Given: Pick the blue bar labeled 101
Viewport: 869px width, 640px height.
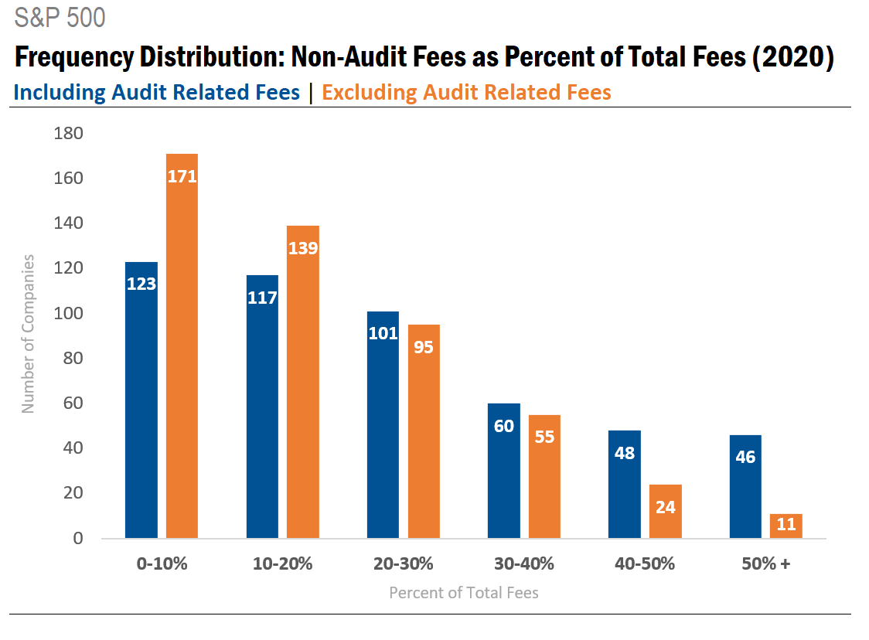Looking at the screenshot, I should pos(383,424).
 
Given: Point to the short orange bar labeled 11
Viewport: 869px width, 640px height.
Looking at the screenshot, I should pos(786,526).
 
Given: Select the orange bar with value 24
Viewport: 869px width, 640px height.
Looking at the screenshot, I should pos(665,511).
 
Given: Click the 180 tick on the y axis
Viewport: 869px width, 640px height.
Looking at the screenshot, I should pos(69,134).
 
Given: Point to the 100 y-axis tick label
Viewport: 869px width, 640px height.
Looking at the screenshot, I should pos(69,314).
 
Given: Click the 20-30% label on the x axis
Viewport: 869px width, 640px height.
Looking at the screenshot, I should pos(404,563).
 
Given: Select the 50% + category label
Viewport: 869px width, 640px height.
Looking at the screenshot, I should pos(765,563).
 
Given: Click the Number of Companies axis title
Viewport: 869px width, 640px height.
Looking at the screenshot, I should pos(29,333).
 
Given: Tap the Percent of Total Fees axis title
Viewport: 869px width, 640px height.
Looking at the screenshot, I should pos(463,593).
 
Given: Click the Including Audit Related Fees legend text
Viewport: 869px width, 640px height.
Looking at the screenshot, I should pos(157,93).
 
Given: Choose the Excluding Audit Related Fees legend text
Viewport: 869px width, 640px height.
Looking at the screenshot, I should pos(466,93).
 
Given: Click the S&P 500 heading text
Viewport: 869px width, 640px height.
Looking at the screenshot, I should pos(60,18).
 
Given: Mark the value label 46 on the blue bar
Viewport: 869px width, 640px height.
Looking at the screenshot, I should pos(745,457).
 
